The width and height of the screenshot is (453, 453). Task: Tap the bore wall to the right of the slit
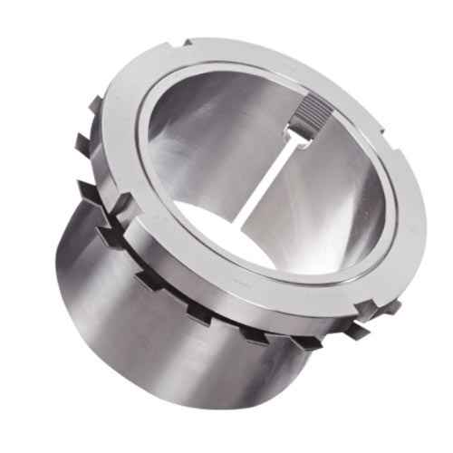coord(326,190)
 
